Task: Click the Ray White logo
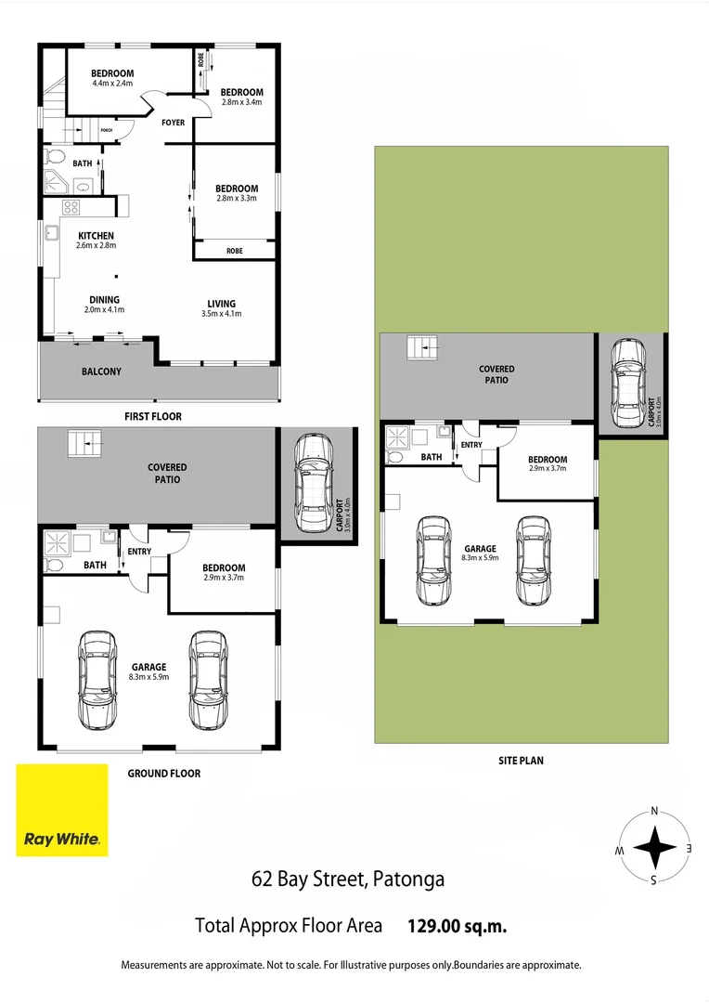[x=61, y=809]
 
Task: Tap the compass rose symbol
[x=654, y=846]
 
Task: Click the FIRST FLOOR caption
[x=153, y=417]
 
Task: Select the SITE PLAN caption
[x=520, y=760]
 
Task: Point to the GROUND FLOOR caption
[x=163, y=773]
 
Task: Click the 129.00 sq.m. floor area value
[x=458, y=925]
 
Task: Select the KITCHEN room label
[x=96, y=236]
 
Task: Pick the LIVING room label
[x=221, y=304]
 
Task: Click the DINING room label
[x=103, y=299]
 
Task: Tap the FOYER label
[x=173, y=123]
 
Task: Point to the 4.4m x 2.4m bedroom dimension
[x=112, y=84]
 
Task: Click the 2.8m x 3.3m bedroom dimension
[x=237, y=199]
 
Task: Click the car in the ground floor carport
[x=313, y=480]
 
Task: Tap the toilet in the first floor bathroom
[x=53, y=157]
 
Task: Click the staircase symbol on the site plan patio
[x=421, y=348]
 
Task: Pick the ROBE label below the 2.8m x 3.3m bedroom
[x=234, y=250]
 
